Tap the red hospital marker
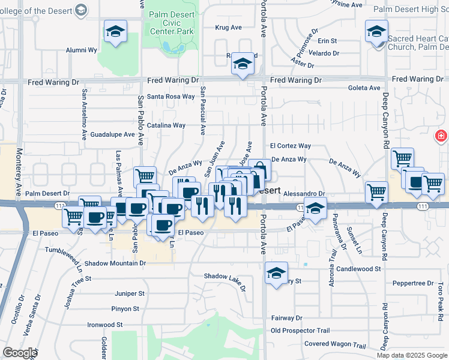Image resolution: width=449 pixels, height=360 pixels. [441, 137]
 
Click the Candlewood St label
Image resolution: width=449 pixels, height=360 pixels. [358, 269]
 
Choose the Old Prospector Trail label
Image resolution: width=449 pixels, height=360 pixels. [300, 331]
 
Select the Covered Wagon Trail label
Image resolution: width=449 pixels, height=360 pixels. [334, 345]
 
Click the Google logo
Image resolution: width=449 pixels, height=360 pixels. [20, 353]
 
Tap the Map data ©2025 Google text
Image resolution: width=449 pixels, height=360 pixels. [412, 355]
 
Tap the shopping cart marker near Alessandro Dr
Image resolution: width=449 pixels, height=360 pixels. [376, 192]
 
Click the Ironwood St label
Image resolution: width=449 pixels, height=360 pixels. [105, 325]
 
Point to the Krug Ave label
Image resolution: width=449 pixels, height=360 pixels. [228, 28]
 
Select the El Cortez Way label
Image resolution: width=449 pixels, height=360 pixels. [290, 146]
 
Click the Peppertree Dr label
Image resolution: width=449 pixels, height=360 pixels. [413, 283]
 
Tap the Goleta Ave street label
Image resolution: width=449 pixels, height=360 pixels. [364, 88]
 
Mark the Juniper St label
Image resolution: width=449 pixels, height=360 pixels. [130, 294]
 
